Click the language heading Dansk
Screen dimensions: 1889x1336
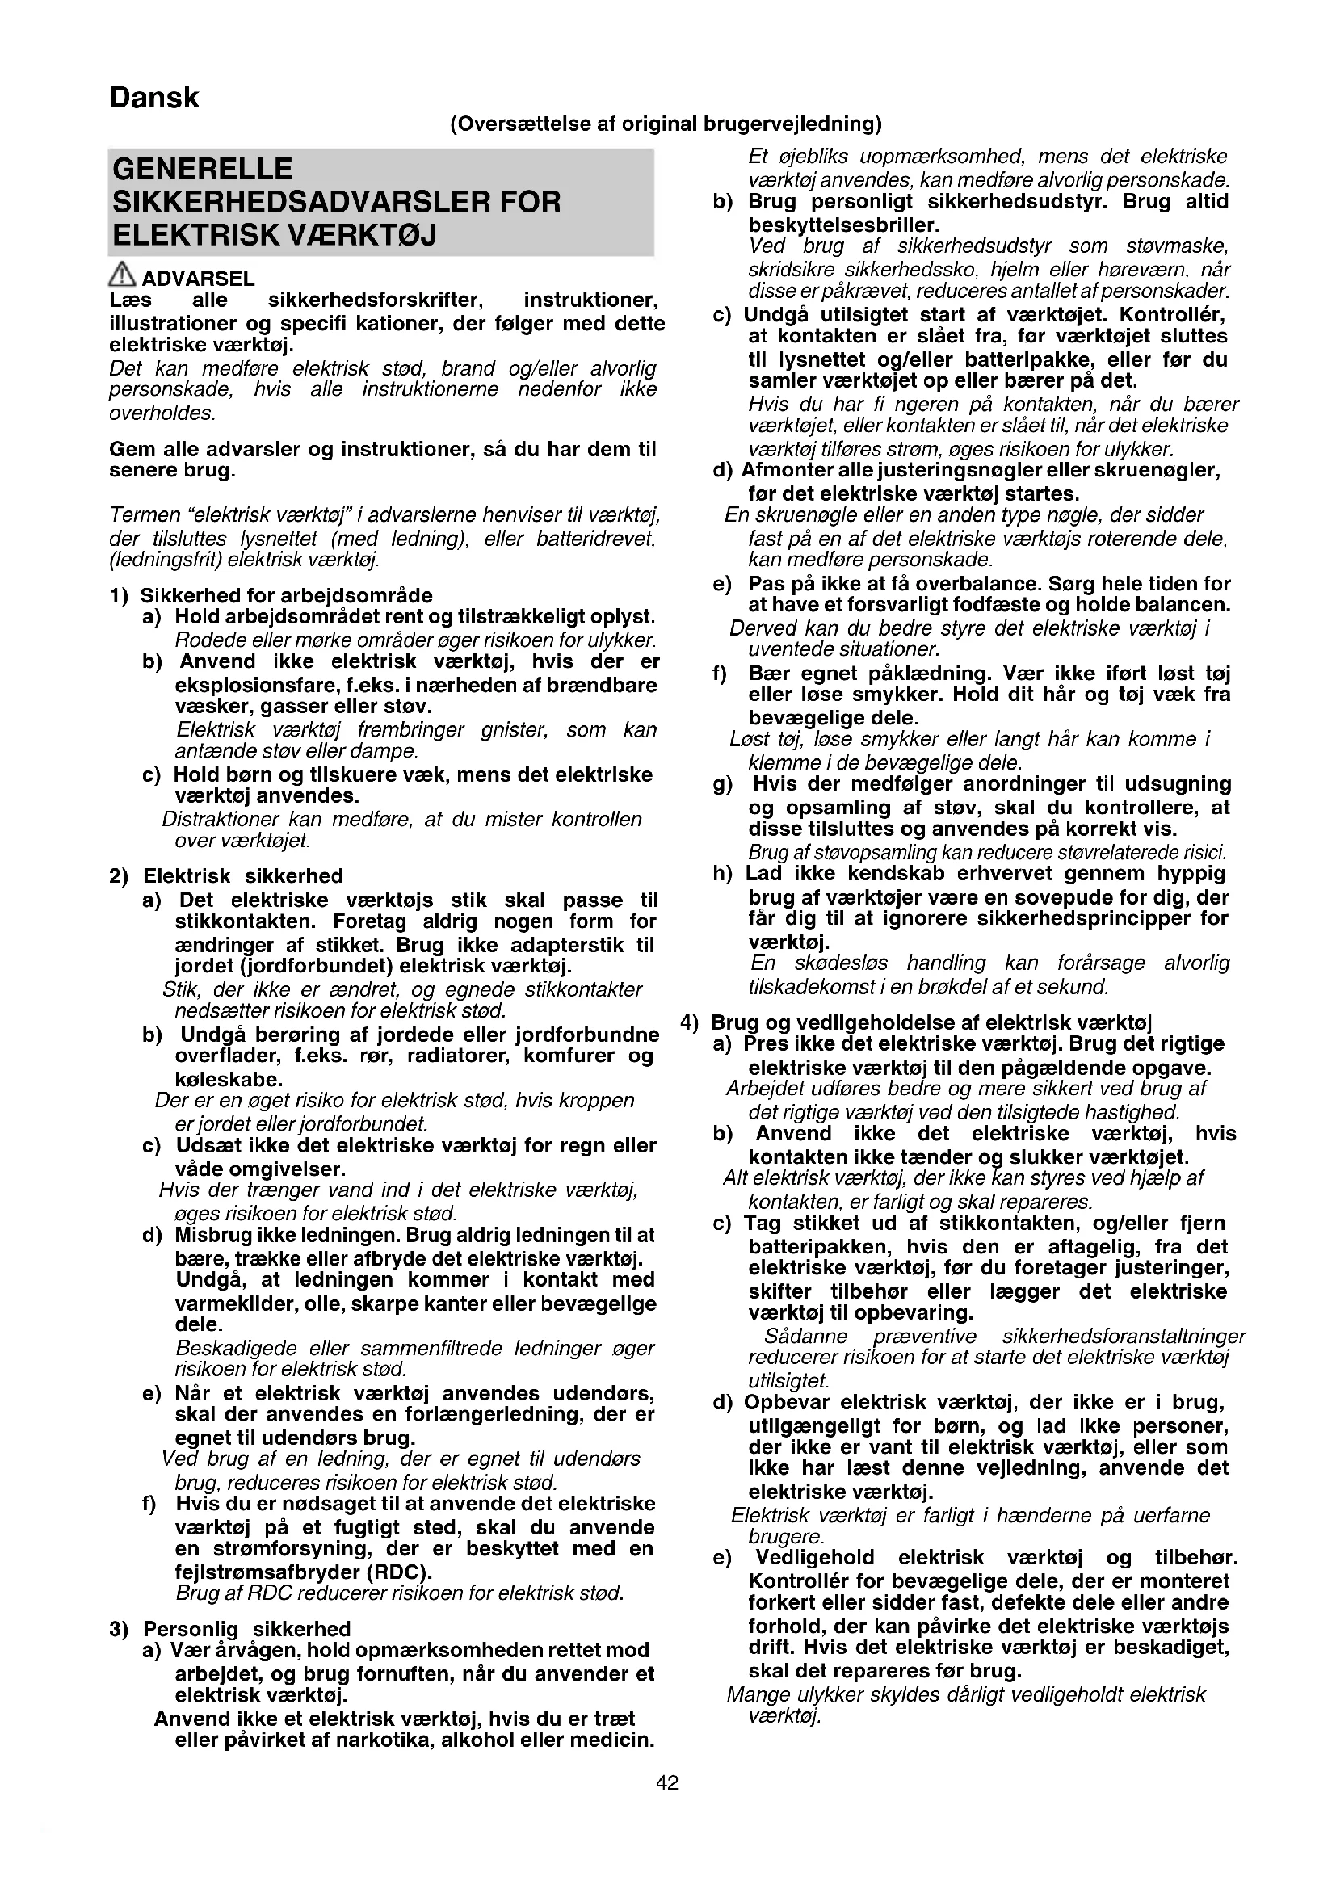click(153, 98)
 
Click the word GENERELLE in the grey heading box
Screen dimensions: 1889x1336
click(203, 170)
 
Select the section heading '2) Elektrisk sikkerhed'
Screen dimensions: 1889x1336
click(226, 876)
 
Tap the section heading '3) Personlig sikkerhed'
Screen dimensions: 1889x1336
click(230, 1629)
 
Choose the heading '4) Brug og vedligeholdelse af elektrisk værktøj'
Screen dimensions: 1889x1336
click(917, 1022)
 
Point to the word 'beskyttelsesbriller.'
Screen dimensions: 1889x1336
click(843, 225)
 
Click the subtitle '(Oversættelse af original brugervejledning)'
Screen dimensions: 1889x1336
click(666, 124)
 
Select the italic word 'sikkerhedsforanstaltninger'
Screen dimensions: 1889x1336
click(1123, 1336)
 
